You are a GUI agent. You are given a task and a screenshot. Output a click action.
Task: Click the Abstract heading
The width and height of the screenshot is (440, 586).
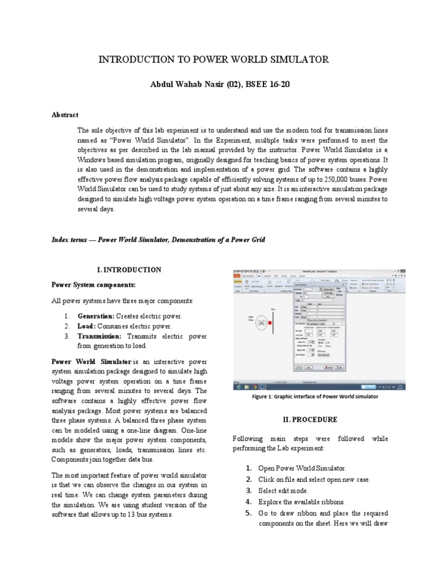coord(65,115)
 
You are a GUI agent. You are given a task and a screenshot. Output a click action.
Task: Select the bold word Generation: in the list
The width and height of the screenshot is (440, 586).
coord(96,316)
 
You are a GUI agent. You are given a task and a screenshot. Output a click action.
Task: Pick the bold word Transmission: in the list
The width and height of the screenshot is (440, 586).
coord(100,336)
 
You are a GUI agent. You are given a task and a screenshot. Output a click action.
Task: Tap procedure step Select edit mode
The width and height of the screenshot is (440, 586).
coord(284,490)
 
